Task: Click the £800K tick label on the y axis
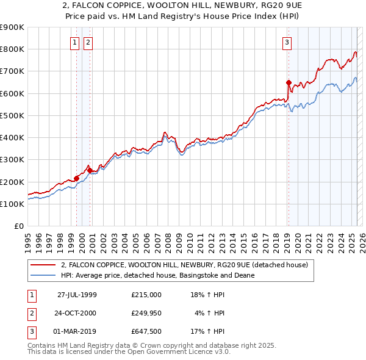click(12, 49)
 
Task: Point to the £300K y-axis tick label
click(12, 160)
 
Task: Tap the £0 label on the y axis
click(19, 226)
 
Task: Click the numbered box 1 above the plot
click(74, 42)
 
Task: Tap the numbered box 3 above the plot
click(287, 42)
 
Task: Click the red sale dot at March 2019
click(289, 82)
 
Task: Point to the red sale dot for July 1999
click(77, 178)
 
